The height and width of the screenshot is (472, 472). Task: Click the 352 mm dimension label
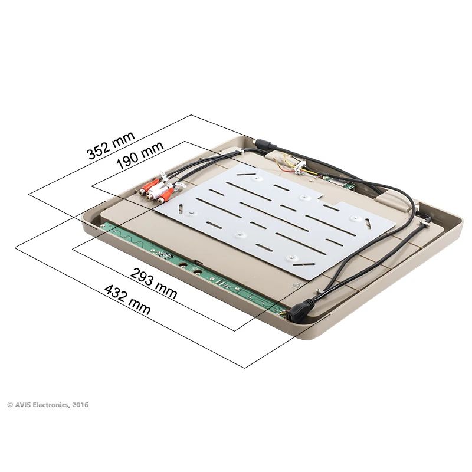coord(110,145)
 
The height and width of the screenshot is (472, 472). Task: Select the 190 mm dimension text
coord(140,155)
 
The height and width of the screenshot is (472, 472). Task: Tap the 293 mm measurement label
coord(153,283)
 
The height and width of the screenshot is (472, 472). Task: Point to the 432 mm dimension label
coord(127,299)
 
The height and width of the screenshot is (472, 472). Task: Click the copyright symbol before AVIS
coord(10,405)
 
